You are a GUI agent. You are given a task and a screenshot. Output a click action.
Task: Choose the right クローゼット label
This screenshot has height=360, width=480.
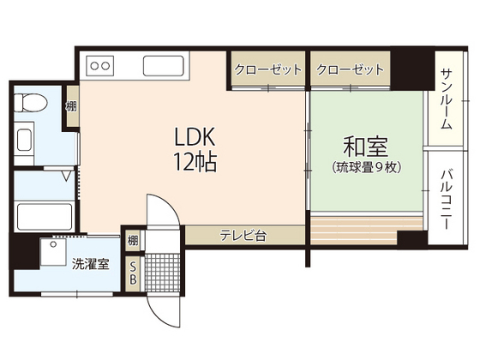[x=350, y=69]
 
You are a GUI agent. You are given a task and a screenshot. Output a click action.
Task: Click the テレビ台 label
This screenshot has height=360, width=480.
[x=243, y=235]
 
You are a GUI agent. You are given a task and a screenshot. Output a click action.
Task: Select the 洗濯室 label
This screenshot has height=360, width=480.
[x=90, y=265]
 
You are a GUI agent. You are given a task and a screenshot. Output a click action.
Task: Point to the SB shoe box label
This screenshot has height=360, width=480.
[x=133, y=274]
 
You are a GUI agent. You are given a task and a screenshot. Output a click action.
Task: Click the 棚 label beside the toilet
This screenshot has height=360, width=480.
[x=70, y=107]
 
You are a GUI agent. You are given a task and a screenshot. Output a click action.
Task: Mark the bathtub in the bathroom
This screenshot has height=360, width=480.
[x=45, y=214]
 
